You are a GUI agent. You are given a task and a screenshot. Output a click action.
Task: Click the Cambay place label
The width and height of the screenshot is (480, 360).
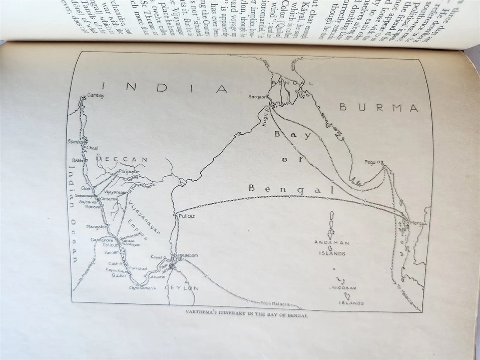coord(96,96)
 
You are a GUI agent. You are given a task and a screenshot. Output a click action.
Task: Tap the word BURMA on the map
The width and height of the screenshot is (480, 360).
coord(379,107)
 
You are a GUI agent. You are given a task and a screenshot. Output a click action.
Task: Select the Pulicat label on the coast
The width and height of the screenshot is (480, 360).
coord(186,216)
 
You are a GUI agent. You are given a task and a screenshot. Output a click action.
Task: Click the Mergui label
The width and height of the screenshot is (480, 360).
coord(418,223)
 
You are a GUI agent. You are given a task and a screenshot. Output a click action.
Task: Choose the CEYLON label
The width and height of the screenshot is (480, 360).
coord(182,288)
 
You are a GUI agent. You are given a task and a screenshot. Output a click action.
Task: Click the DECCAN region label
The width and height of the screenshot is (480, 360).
coord(122,160)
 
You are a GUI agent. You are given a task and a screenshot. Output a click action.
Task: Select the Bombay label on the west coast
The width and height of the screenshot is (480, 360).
coord(75,142)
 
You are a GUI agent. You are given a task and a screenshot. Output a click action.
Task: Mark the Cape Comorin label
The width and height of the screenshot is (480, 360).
coord(142,287)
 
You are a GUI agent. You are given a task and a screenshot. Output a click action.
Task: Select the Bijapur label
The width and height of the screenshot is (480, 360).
coord(130,171)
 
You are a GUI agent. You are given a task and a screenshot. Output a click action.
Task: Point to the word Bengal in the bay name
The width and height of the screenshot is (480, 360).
coord(291,189)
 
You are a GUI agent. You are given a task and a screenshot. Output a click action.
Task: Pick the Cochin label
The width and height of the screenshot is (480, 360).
coord(115,264)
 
